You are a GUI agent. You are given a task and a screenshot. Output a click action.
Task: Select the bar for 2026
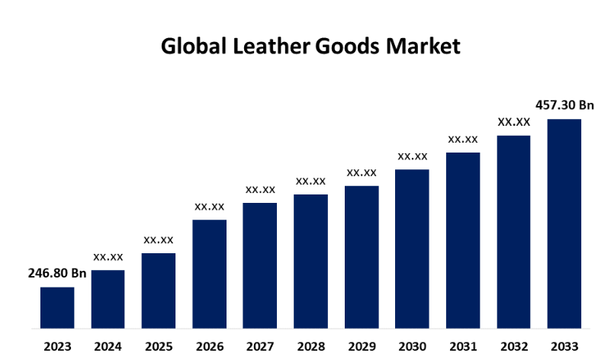point(209,274)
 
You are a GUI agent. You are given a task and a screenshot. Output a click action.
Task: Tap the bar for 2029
point(362,257)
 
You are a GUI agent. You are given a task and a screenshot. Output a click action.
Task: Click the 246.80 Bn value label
point(57,274)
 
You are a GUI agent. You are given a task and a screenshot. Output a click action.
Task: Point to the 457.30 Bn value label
point(564,104)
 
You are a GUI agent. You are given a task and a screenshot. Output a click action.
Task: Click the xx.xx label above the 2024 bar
point(108,257)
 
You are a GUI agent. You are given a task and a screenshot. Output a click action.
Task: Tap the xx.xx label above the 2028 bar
point(310,181)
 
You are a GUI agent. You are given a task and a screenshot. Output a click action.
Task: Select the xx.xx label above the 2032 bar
point(514,121)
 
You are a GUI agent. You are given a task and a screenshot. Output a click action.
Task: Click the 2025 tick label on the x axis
point(159,346)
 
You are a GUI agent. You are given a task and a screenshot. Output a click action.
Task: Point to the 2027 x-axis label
point(260,346)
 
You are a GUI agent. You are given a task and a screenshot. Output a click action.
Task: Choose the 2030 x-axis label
point(412,346)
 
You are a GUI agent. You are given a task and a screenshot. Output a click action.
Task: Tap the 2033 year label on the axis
point(564,346)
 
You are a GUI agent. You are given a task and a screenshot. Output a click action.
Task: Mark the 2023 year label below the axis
point(57,346)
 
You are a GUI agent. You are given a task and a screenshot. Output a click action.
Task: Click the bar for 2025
point(159,291)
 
